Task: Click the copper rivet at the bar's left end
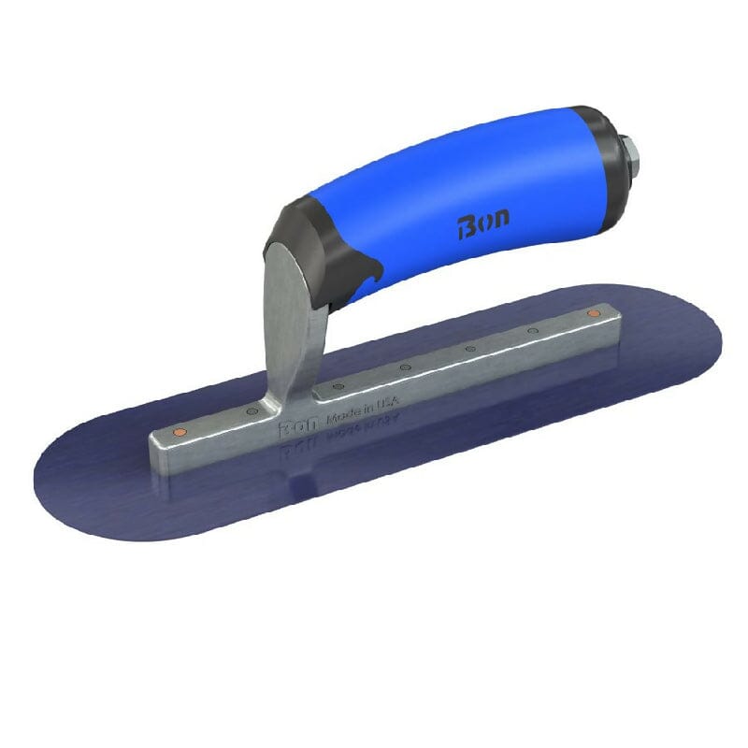click(180, 433)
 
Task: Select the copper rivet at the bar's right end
click(592, 312)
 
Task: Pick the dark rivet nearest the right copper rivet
click(532, 330)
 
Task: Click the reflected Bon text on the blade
click(295, 448)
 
